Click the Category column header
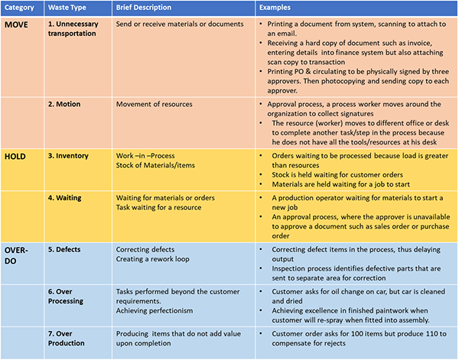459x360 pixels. coord(21,7)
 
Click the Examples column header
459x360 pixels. coord(276,7)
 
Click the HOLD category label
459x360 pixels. coord(17,156)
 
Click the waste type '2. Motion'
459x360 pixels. coord(68,104)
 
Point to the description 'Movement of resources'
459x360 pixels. coord(154,104)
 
